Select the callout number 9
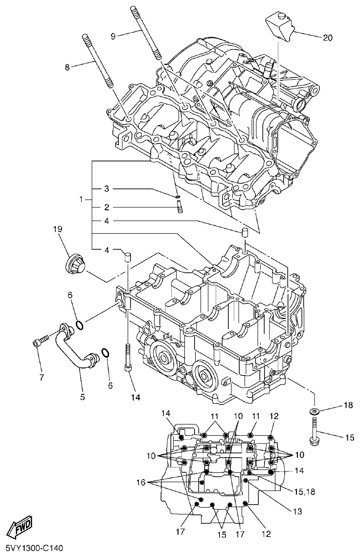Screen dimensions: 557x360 point(113,36)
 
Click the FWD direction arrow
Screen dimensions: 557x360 point(19,528)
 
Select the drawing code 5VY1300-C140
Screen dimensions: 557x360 point(34,549)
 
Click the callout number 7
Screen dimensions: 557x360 point(42,377)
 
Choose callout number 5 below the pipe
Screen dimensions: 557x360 point(82,397)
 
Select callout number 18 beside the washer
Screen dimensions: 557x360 point(348,405)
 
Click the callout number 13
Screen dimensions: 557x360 point(298,512)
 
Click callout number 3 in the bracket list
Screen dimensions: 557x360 point(106,189)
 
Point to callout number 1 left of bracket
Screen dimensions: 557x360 point(82,200)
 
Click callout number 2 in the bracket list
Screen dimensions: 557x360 point(106,207)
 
